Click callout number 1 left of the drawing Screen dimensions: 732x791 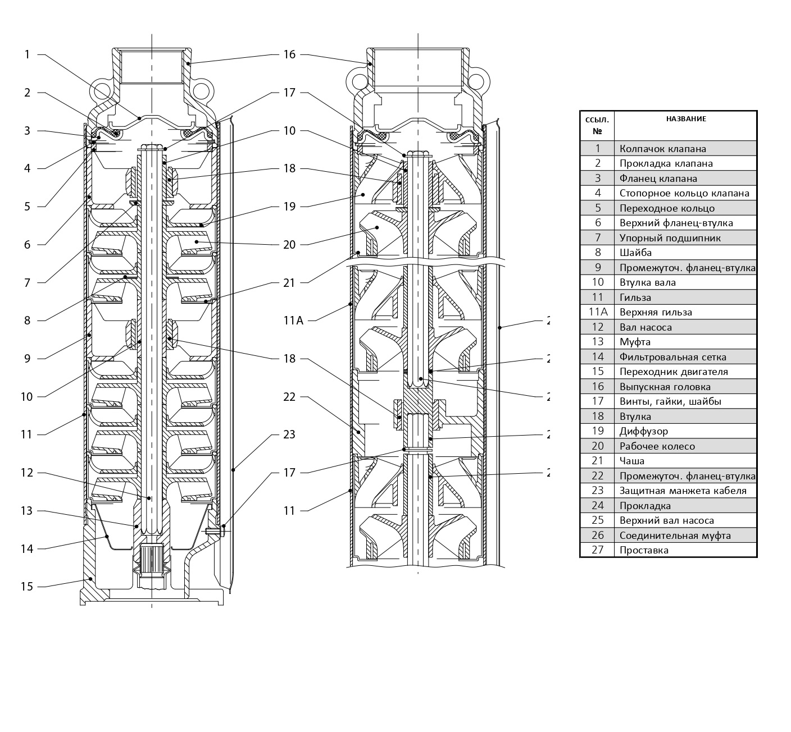click(26, 54)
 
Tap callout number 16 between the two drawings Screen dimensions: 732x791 click(289, 54)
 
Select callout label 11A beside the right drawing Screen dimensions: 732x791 click(293, 321)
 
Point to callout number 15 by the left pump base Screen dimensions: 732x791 click(26, 587)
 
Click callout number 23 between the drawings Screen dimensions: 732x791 click(289, 434)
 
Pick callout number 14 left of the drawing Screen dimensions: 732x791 click(26, 548)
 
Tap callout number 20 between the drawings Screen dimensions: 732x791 click(289, 245)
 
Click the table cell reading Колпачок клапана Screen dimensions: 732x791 click(662, 149)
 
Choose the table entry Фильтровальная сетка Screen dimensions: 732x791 click(672, 357)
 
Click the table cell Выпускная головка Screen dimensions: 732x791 click(665, 387)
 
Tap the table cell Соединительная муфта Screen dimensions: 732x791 click(675, 536)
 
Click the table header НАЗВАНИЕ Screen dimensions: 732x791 click(686, 119)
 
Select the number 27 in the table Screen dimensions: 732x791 click(597, 550)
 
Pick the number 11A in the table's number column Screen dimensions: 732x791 click(597, 312)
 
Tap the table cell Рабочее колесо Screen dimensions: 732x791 click(657, 446)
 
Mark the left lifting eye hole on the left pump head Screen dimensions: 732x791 click(102, 91)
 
